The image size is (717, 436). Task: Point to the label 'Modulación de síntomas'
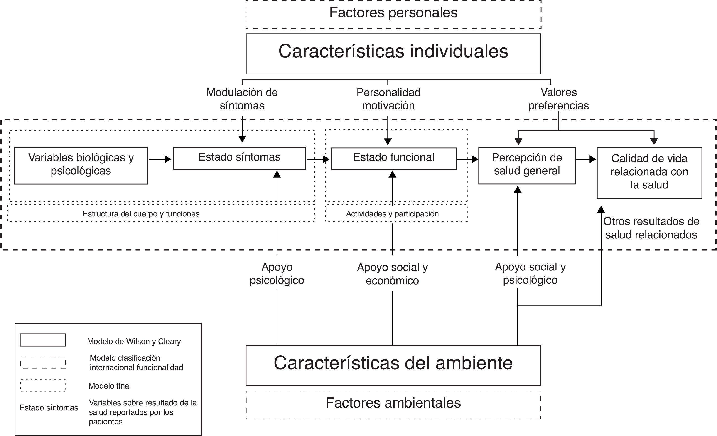click(242, 99)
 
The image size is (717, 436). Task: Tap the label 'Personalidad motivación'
click(388, 99)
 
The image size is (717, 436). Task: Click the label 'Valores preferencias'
click(559, 99)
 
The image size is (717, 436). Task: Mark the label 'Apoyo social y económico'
click(392, 274)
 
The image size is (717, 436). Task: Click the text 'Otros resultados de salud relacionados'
click(651, 228)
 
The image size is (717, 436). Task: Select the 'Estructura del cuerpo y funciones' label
click(141, 214)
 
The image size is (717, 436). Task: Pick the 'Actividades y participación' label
click(392, 214)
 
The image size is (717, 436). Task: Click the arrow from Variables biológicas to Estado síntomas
click(160, 159)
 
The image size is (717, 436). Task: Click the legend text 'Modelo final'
click(110, 386)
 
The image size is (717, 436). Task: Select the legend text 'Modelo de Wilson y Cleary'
click(134, 341)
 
